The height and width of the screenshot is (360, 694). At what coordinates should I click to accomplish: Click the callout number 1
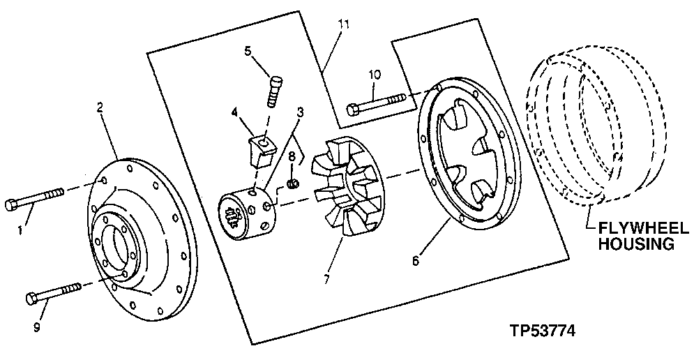(x=21, y=228)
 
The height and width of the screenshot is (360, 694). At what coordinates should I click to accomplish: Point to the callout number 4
(x=235, y=111)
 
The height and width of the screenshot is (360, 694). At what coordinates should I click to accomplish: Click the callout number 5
(x=246, y=50)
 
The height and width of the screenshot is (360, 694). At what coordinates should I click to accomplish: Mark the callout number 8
(x=292, y=155)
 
